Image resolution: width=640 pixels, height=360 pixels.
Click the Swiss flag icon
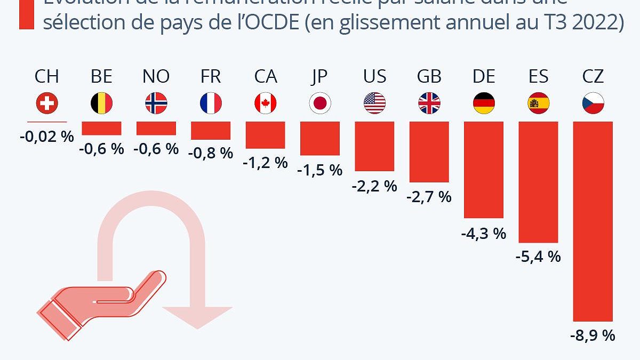pos(47,103)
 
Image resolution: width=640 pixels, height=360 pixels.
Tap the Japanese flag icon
pos(320,103)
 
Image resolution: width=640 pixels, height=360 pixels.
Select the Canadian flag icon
pos(266,103)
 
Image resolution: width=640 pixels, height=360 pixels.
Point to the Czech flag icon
pos(593,103)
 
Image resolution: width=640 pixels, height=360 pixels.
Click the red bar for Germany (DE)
pos(484,170)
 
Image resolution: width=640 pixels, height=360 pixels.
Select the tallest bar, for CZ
pos(593,221)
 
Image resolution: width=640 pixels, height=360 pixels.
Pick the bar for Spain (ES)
pos(538,182)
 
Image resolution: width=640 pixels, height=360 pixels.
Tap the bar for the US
pos(374,146)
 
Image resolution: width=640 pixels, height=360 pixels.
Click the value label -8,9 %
pos(593,335)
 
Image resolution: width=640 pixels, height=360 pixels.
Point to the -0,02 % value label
pos(47,136)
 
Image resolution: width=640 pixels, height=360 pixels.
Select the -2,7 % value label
pos(429,197)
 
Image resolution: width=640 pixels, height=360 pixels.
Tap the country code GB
pos(429,77)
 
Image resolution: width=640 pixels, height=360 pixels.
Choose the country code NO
pos(156,77)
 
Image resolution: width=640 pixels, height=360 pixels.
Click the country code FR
pos(211,77)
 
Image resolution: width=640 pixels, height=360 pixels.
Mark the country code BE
pos(101,77)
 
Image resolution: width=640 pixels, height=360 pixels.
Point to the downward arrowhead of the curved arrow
pos(197,317)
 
